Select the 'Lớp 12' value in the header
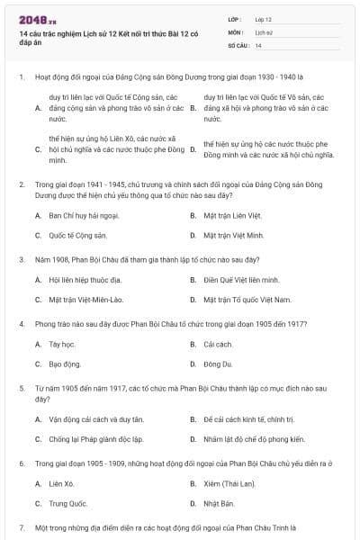(263, 19)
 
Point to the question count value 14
(258, 45)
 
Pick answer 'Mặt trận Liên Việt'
(231, 216)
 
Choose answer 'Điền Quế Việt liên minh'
(241, 280)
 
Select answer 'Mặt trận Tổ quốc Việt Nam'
(247, 299)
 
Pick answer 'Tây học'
(60, 344)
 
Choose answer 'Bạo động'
(65, 364)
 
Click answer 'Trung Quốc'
(68, 503)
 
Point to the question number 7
(22, 526)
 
